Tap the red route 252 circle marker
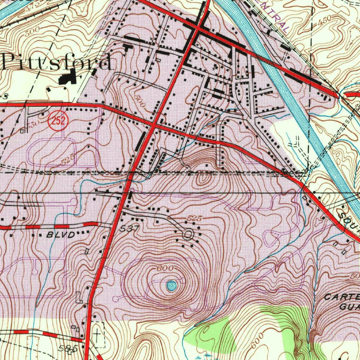point(58,121)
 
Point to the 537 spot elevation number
point(129,229)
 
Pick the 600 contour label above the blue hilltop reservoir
point(165,268)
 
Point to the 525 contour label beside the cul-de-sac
point(194,219)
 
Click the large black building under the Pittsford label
point(68,77)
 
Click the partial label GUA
point(349,306)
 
